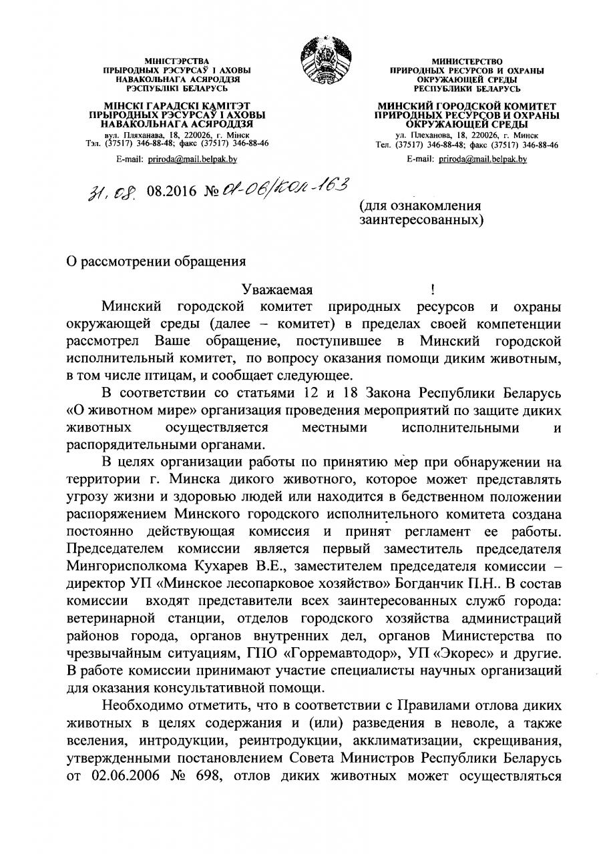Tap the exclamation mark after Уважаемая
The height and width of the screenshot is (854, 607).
(433, 290)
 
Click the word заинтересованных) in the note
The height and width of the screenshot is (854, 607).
(421, 218)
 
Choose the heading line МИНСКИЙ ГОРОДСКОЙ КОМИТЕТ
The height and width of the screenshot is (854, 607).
(467, 106)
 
